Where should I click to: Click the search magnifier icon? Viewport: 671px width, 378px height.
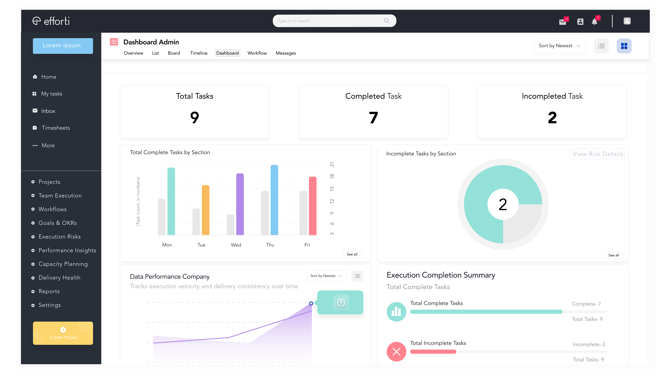(x=387, y=21)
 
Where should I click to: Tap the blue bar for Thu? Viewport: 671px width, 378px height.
(x=274, y=200)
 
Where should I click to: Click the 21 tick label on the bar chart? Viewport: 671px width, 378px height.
(x=332, y=164)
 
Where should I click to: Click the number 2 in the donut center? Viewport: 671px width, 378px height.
(x=503, y=204)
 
